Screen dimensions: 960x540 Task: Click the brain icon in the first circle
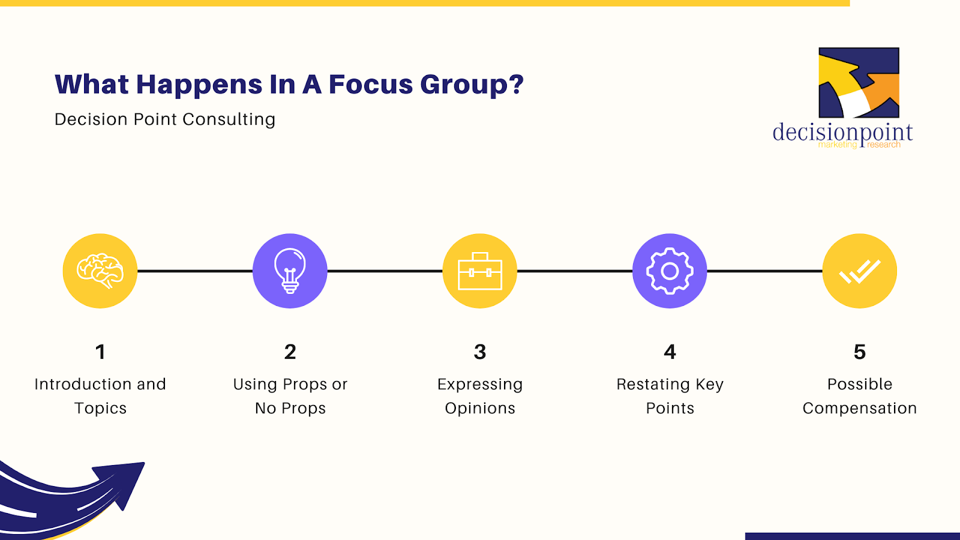[100, 271]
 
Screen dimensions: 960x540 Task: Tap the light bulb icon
[290, 271]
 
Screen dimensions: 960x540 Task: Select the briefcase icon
[480, 271]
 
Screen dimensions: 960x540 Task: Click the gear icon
[670, 271]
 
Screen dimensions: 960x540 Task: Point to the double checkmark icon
[860, 272]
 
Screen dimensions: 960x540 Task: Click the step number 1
[100, 352]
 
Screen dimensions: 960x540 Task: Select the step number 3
[480, 352]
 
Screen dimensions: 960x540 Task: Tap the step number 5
[860, 352]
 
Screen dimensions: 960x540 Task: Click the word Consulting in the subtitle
[229, 119]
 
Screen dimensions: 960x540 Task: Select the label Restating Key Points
[670, 396]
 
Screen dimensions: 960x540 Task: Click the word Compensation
[860, 409]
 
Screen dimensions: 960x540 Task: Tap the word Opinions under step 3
[480, 409]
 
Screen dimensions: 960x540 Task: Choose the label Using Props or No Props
[290, 396]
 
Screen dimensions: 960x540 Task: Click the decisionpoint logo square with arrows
[859, 83]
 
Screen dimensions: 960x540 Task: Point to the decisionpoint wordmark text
[842, 133]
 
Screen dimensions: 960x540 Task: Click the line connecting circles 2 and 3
[385, 271]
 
